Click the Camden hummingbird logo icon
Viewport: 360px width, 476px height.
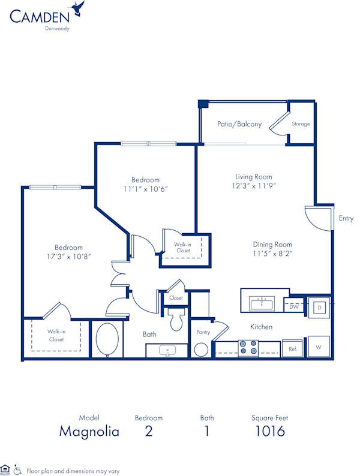pos(77,8)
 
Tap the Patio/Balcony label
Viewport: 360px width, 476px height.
pos(239,124)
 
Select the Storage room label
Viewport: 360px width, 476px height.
pos(301,124)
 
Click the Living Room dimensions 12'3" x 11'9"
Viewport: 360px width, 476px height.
pos(253,187)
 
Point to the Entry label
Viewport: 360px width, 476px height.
pos(346,219)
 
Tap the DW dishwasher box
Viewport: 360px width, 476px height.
pos(294,307)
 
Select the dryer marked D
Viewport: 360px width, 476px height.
pos(319,308)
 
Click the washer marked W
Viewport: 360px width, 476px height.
pos(319,347)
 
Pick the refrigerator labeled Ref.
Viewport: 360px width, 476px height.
pos(293,348)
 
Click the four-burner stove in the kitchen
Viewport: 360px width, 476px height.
pos(248,348)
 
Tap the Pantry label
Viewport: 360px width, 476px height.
pos(202,332)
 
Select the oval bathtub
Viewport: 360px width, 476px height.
pos(107,340)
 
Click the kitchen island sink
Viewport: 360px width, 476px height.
pos(262,303)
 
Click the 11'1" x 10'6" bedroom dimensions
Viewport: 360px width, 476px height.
pos(145,189)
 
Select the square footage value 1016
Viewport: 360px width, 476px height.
pos(269,431)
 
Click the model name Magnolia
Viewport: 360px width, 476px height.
pos(89,431)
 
